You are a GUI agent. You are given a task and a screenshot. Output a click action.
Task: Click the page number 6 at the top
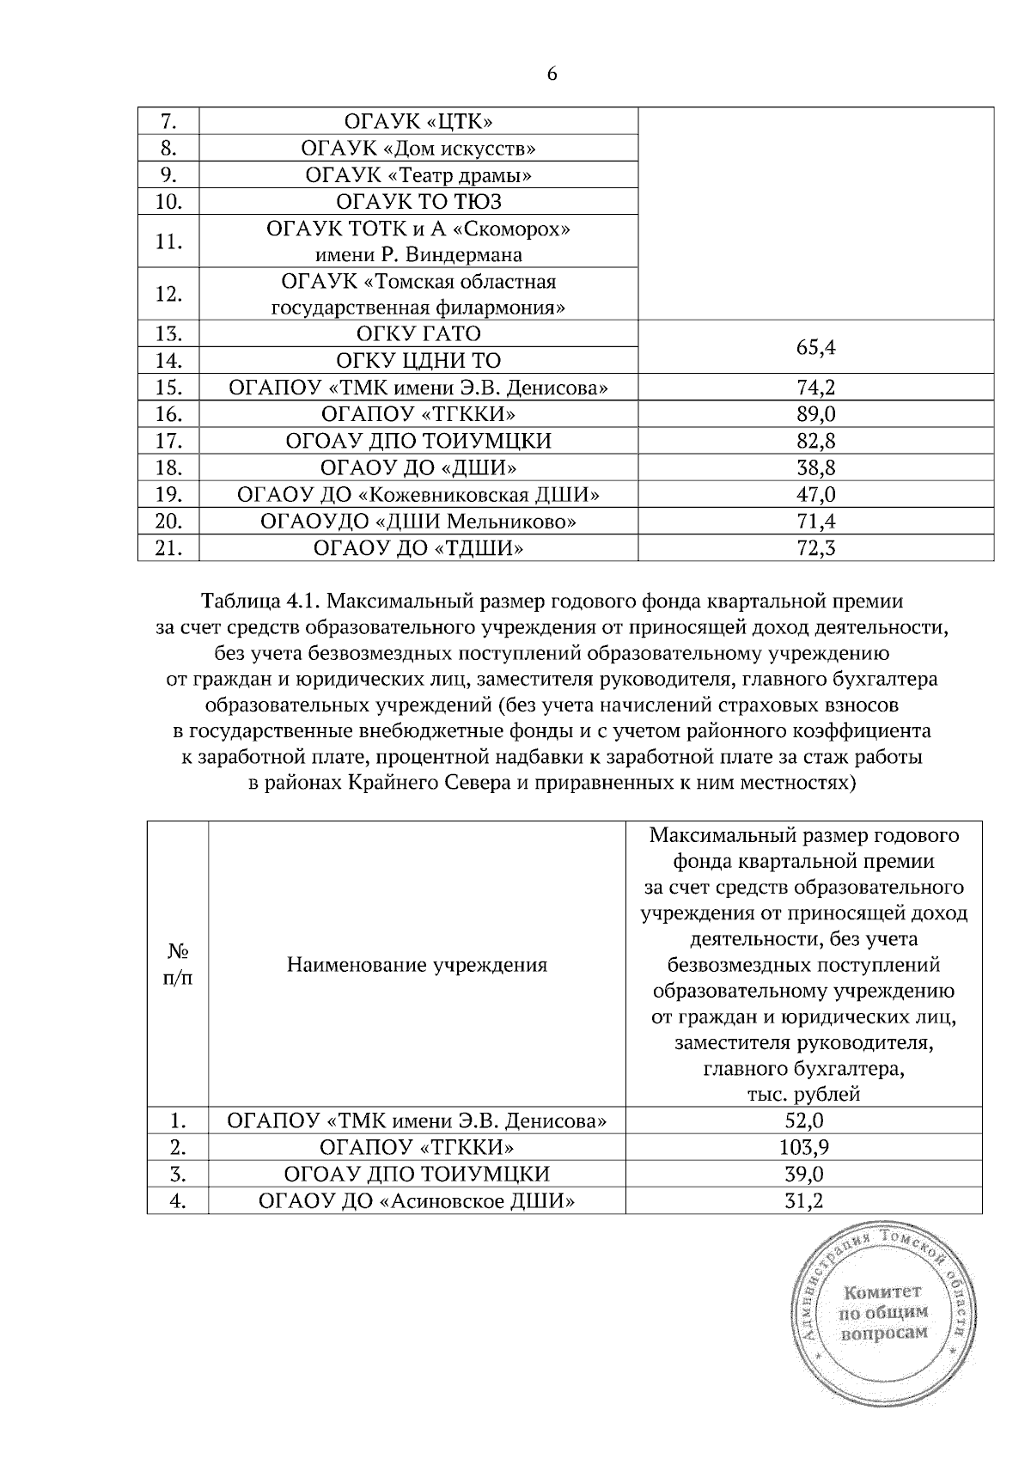pyautogui.click(x=552, y=74)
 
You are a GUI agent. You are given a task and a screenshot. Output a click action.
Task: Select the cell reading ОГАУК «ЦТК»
pyautogui.click(x=418, y=121)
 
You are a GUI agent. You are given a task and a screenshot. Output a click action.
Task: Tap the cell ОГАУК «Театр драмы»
pyautogui.click(x=418, y=175)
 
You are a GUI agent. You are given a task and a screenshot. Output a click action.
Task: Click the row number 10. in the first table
pyautogui.click(x=168, y=202)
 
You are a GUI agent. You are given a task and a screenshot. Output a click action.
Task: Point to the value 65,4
pyautogui.click(x=816, y=347)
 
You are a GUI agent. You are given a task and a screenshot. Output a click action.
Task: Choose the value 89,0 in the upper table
pyautogui.click(x=816, y=414)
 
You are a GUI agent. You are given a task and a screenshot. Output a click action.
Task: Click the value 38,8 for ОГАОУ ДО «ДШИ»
pyautogui.click(x=816, y=467)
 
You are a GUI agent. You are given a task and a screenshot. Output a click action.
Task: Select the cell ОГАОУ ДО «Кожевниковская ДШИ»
pyautogui.click(x=418, y=495)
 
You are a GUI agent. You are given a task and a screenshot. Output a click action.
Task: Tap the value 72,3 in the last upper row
pyautogui.click(x=816, y=548)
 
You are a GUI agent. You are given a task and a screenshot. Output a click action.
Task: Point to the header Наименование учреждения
pyautogui.click(x=417, y=965)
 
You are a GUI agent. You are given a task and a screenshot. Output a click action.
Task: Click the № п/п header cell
pyautogui.click(x=178, y=965)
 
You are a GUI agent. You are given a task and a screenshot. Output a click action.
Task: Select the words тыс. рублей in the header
pyautogui.click(x=803, y=1095)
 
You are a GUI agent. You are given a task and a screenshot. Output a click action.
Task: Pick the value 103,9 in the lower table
pyautogui.click(x=803, y=1147)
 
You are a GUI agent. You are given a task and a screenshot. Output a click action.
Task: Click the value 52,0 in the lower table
pyautogui.click(x=803, y=1120)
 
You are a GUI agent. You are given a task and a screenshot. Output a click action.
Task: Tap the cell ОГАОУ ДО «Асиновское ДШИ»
pyautogui.click(x=417, y=1201)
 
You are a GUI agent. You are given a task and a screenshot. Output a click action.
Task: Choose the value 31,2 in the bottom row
pyautogui.click(x=803, y=1201)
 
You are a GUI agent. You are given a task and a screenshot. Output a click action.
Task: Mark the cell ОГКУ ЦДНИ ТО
pyautogui.click(x=418, y=360)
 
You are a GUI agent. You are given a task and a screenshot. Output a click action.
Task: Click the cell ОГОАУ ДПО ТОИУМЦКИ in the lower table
pyautogui.click(x=417, y=1175)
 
